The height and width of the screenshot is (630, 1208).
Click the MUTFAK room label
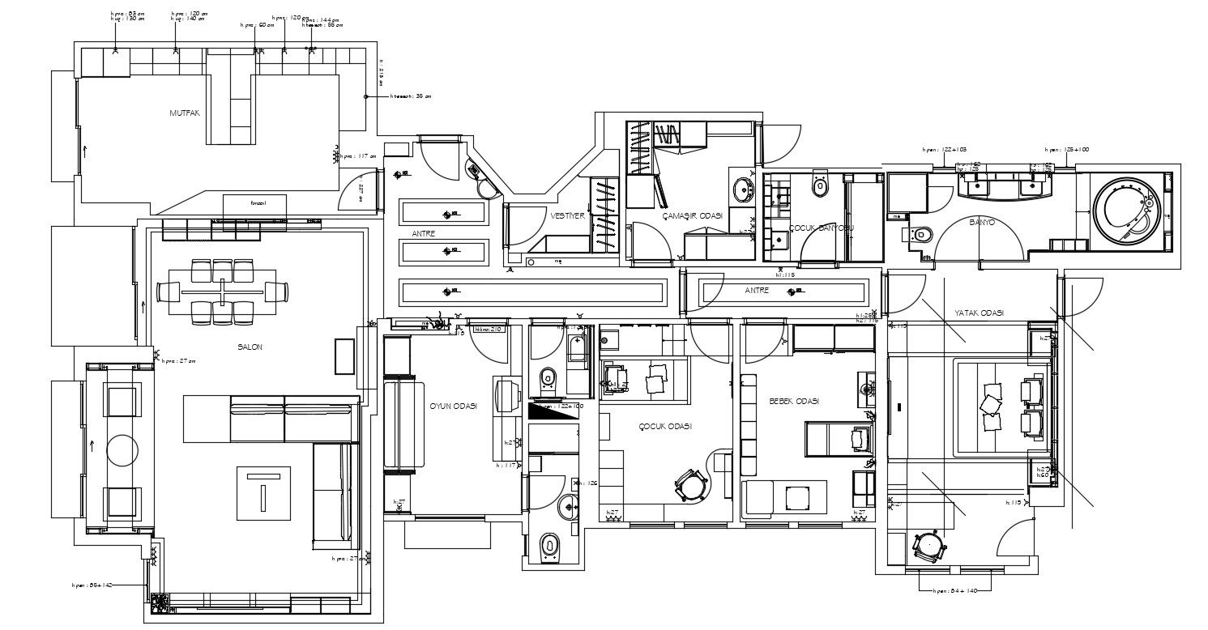184,113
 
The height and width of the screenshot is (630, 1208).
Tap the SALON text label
250,347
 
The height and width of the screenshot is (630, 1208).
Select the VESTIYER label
567,216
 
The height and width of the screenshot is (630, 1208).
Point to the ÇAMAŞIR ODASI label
692,216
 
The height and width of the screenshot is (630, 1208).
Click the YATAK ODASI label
979,313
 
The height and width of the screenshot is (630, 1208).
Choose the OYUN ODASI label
453,407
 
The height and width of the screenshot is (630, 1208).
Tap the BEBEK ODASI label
794,402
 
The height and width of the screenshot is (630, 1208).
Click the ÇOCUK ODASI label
664,426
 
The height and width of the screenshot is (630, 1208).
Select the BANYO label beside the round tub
982,221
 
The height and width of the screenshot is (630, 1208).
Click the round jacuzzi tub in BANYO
1127,212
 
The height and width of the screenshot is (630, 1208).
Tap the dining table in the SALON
221,291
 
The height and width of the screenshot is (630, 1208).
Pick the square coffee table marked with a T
263,492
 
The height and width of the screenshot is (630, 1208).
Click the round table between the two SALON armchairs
122,450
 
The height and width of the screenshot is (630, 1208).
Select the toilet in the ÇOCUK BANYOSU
821,187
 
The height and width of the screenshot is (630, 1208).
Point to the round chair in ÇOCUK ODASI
691,485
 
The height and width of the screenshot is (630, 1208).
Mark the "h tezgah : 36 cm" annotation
411,96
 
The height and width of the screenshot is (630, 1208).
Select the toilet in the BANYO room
921,235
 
